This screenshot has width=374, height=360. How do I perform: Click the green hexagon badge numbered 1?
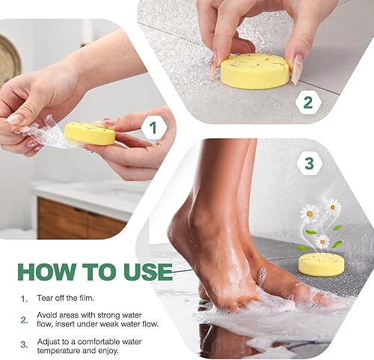(153, 129)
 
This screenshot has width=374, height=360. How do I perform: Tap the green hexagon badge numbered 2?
(307, 103)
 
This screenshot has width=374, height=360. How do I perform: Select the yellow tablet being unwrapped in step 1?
(89, 133)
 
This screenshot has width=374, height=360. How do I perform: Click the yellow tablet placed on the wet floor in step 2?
(255, 70)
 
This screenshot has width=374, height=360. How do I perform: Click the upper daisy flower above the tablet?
(332, 207)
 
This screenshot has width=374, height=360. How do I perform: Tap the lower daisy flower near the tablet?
(322, 241)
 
